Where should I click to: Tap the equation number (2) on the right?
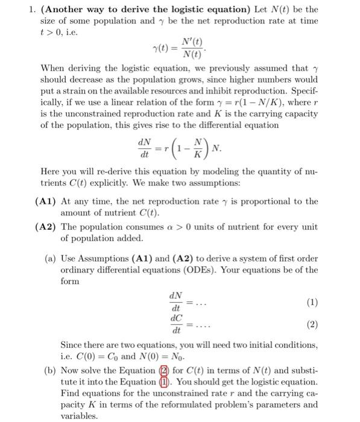pyautogui.click(x=312, y=324)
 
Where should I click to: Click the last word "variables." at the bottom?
pyautogui.click(x=80, y=416)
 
